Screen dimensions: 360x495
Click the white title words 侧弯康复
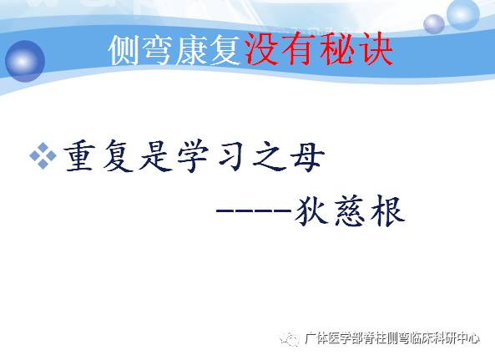tap(176, 52)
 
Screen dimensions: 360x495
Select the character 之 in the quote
tap(263, 156)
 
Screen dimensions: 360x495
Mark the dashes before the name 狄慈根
tap(252, 213)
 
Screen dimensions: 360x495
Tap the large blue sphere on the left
tap(26, 62)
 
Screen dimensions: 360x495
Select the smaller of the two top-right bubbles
tap(434, 23)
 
